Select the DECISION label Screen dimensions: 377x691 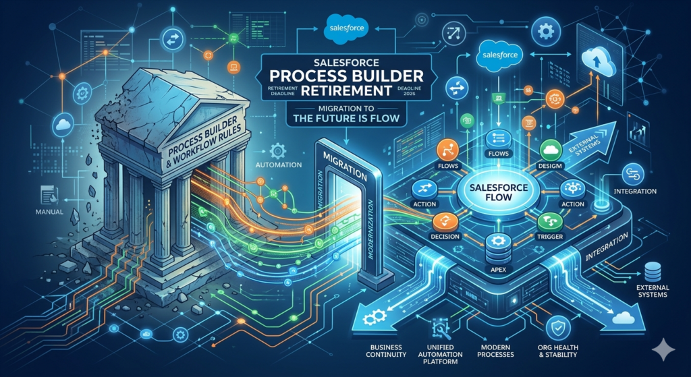445,237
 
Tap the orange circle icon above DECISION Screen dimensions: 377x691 445,220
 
